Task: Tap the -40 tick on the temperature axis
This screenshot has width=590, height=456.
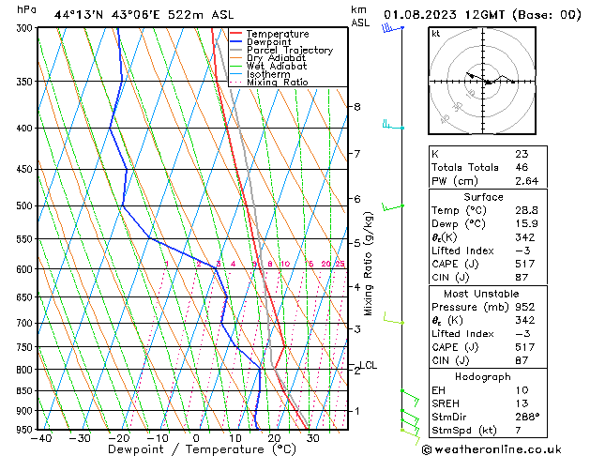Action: tap(40, 437)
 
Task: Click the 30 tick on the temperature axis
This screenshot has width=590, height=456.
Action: tap(312, 437)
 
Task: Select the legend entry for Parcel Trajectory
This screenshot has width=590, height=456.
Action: tap(289, 51)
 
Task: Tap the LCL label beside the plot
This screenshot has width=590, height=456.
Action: tap(369, 365)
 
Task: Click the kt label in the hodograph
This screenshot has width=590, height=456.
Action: tap(435, 33)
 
